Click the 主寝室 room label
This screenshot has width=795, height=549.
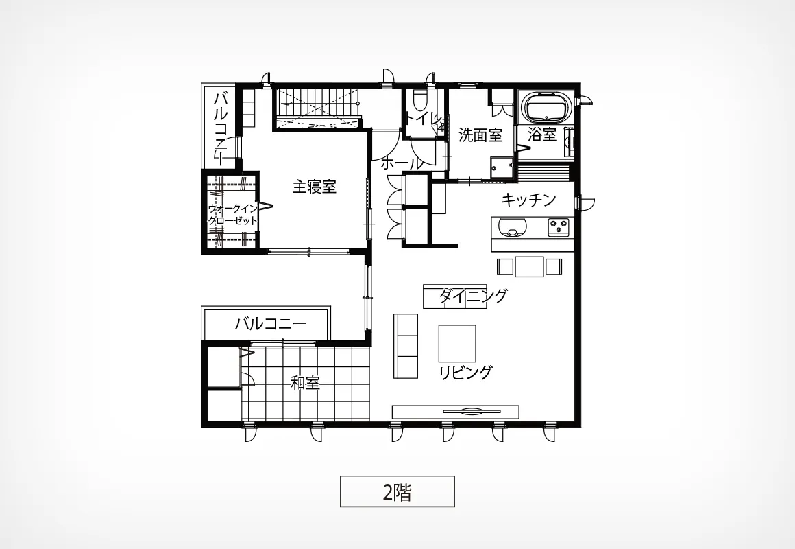pyautogui.click(x=315, y=187)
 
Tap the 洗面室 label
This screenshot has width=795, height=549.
pyautogui.click(x=480, y=135)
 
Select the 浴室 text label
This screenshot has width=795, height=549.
pyautogui.click(x=542, y=134)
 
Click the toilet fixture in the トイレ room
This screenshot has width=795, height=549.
pyautogui.click(x=420, y=100)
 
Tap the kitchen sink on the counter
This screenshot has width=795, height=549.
pyautogui.click(x=511, y=226)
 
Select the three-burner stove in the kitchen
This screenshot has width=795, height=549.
pyautogui.click(x=560, y=226)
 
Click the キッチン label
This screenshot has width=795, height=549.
pyautogui.click(x=529, y=200)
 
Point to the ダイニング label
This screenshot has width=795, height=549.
pyautogui.click(x=472, y=296)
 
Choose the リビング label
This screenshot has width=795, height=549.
pyautogui.click(x=465, y=372)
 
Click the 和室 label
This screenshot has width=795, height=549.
pyautogui.click(x=305, y=382)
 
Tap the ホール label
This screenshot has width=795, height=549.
pyautogui.click(x=401, y=163)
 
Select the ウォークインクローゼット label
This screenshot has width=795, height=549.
pyautogui.click(x=233, y=214)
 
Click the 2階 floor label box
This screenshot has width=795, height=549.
pyautogui.click(x=397, y=491)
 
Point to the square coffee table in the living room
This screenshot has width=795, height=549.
pyautogui.click(x=457, y=343)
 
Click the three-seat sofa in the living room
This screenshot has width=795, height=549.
pyautogui.click(x=406, y=346)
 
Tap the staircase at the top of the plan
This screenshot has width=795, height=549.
pyautogui.click(x=317, y=108)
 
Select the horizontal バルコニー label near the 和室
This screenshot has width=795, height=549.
pyautogui.click(x=271, y=324)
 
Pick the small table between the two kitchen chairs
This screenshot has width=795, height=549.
pyautogui.click(x=529, y=267)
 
